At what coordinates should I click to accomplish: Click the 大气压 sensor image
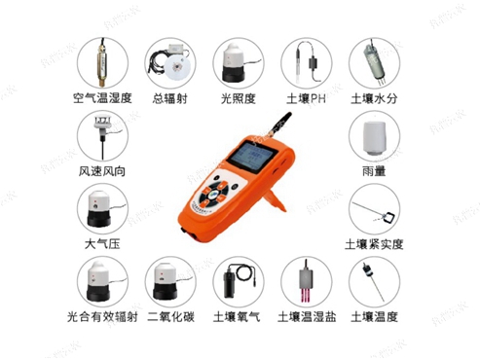pyautogui.click(x=103, y=207)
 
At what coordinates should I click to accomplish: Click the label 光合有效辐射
pyautogui.click(x=103, y=317)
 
